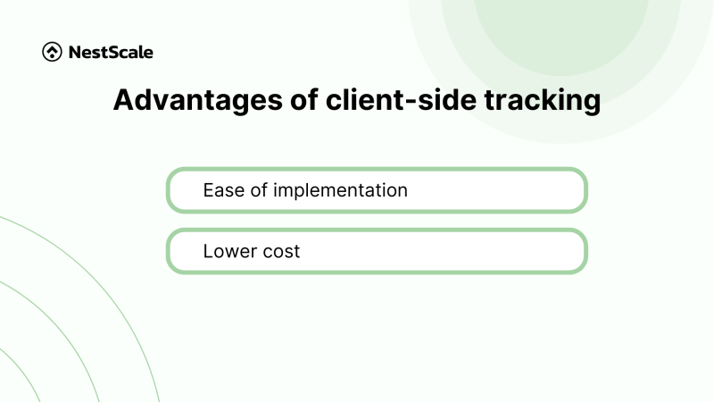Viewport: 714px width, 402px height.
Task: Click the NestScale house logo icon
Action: pos(52,52)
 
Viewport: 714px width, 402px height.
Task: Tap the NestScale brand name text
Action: pos(111,52)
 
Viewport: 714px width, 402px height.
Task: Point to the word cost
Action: pos(280,252)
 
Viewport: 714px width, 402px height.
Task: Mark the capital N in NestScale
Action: pos(74,52)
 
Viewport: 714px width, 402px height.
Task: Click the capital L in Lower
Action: pos(207,252)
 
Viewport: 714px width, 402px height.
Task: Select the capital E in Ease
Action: pos(207,190)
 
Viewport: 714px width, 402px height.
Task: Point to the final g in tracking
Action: pos(592,104)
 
